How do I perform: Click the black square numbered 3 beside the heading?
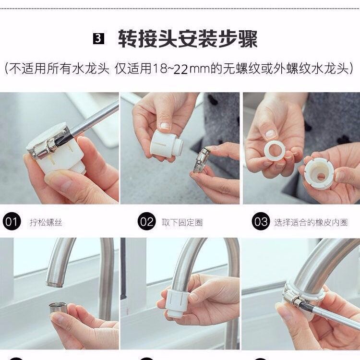(98, 38)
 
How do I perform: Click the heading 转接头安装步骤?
(188, 39)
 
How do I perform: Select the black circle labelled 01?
(12, 222)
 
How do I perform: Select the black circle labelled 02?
(147, 222)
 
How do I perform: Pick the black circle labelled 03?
(261, 221)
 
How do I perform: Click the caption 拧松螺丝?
(46, 222)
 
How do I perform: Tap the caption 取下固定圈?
(182, 222)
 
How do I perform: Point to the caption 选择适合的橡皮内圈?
(311, 222)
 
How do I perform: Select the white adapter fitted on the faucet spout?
(177, 303)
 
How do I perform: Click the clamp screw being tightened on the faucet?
(291, 299)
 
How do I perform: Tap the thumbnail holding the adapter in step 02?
(165, 125)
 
